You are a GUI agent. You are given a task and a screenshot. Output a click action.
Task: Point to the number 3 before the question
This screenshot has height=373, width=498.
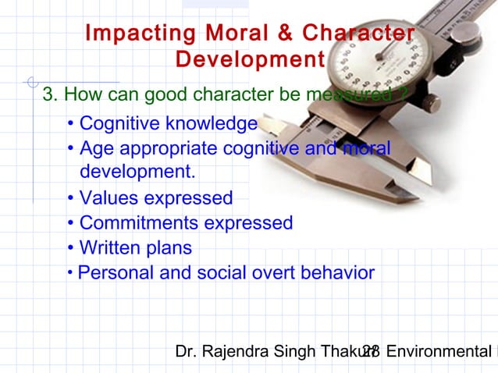[48, 95]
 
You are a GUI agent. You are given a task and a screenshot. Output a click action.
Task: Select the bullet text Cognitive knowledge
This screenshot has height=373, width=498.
[168, 123]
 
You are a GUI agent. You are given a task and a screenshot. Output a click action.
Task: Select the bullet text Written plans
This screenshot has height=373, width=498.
[135, 248]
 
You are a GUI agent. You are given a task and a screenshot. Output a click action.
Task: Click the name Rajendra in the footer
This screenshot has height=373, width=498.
[235, 352]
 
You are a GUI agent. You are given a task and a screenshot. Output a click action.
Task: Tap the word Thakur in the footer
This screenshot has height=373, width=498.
[343, 352]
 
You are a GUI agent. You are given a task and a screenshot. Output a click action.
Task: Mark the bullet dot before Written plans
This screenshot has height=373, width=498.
[71, 248]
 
